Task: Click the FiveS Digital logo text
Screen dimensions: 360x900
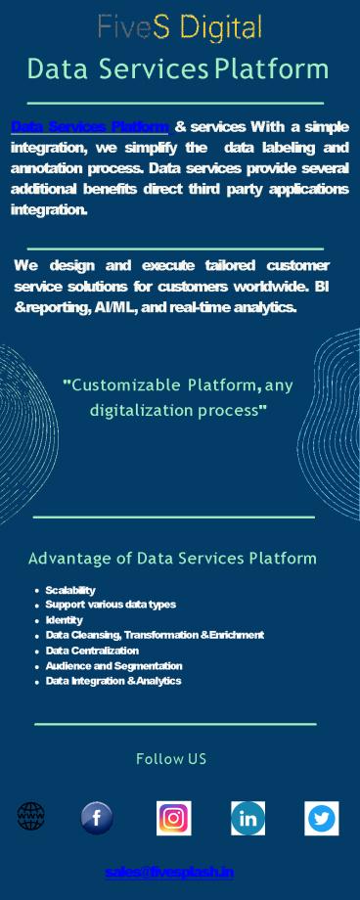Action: (x=180, y=27)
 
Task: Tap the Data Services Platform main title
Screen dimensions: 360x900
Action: (x=178, y=69)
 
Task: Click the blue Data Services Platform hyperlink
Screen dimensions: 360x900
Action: (x=90, y=127)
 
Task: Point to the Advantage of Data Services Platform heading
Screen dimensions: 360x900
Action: (x=172, y=559)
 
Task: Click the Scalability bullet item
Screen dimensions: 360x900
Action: (x=70, y=590)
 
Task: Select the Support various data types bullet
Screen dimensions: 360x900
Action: (x=111, y=605)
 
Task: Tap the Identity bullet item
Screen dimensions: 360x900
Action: (x=65, y=620)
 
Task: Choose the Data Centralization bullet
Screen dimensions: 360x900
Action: (x=92, y=651)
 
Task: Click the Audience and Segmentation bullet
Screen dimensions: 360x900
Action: (x=107, y=665)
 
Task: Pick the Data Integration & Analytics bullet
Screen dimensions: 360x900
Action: (x=113, y=681)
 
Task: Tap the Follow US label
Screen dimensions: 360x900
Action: (x=171, y=759)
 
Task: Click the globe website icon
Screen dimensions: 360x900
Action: (x=31, y=816)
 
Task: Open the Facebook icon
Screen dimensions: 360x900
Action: (x=97, y=818)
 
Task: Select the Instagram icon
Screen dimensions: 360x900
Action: (x=174, y=818)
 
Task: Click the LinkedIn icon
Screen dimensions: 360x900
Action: (x=248, y=818)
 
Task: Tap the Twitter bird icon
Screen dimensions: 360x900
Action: (x=322, y=818)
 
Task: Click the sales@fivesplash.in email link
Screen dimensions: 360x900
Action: (x=169, y=872)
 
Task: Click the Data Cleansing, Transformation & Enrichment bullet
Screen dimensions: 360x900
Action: (x=155, y=635)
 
